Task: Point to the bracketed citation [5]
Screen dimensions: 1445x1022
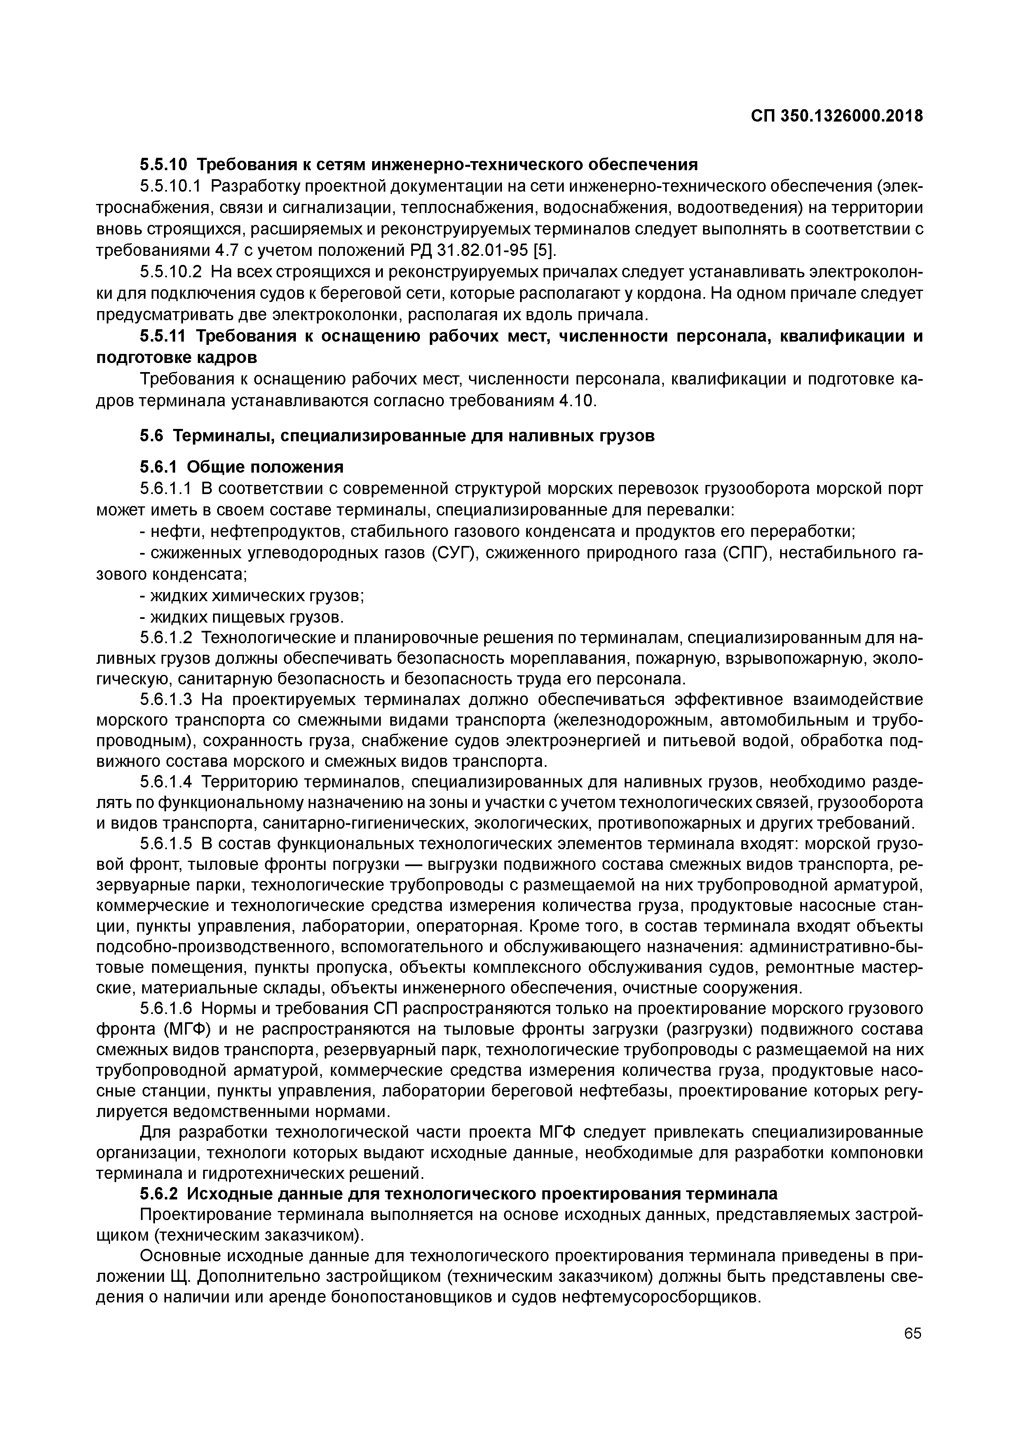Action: (x=544, y=251)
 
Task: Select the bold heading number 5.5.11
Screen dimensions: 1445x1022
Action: (x=162, y=336)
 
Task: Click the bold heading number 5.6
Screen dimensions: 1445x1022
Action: (x=152, y=436)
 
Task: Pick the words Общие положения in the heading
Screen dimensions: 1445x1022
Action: (x=265, y=466)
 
